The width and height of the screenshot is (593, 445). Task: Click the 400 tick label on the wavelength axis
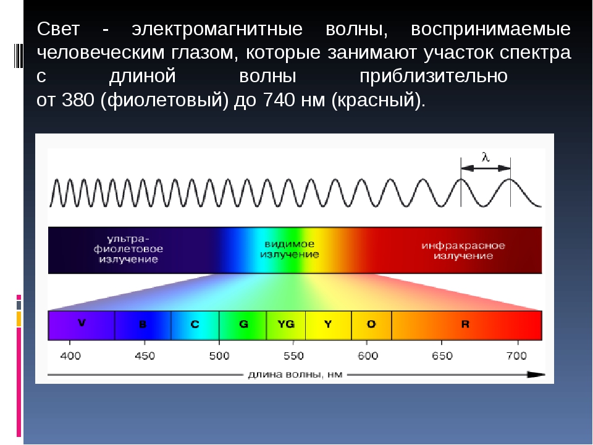click(70, 356)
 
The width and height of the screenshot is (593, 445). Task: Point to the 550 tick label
click(293, 356)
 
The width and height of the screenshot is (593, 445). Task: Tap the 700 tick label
click(516, 356)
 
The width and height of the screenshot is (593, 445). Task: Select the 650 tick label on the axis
click(442, 356)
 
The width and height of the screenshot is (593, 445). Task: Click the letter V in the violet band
click(82, 323)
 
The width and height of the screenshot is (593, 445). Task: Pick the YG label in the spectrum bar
click(286, 324)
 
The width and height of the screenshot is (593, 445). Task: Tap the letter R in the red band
click(465, 324)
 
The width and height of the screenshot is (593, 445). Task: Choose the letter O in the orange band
click(371, 324)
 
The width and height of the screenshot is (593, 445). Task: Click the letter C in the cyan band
click(195, 324)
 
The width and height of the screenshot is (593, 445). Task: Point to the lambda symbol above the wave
click(486, 156)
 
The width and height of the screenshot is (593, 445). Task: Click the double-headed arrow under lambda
click(486, 168)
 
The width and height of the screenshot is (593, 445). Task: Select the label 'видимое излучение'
click(289, 249)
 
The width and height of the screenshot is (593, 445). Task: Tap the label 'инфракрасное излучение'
click(463, 250)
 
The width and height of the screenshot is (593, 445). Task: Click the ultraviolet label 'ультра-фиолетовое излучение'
click(128, 249)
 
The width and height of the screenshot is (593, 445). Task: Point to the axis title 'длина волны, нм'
click(295, 375)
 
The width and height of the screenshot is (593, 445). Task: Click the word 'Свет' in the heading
click(58, 29)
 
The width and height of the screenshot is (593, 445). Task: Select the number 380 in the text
click(78, 100)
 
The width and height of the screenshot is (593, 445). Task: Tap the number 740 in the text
click(279, 100)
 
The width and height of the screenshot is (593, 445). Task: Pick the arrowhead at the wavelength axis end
click(536, 375)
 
